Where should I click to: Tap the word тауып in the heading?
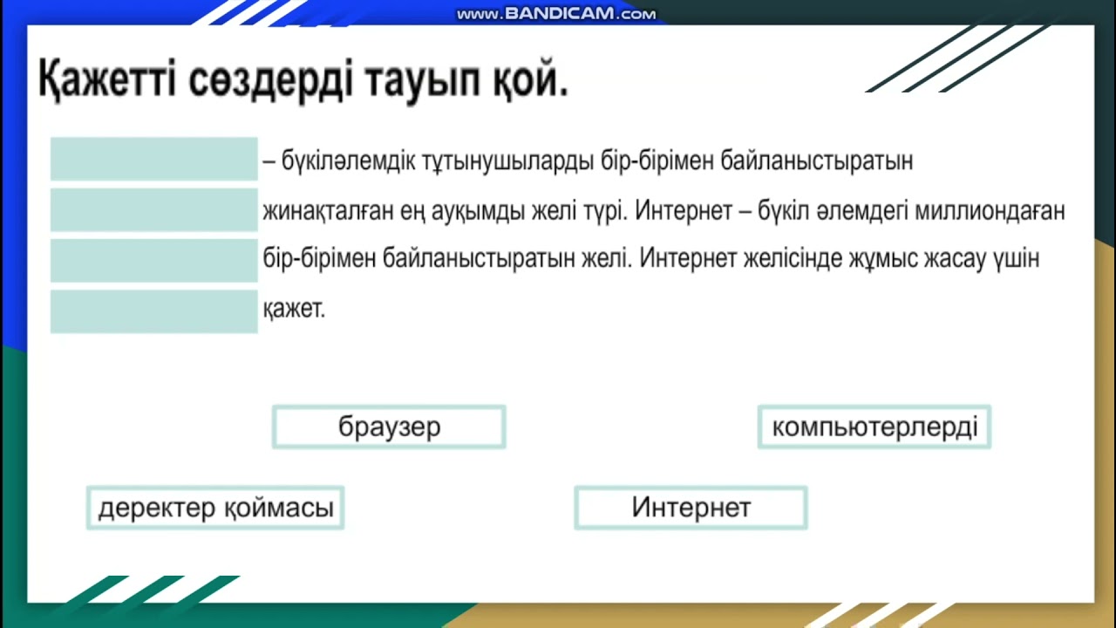(421, 80)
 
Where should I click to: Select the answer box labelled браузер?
(389, 427)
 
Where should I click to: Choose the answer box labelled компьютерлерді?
(874, 427)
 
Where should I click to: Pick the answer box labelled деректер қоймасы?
(215, 508)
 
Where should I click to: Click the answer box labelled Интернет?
(691, 508)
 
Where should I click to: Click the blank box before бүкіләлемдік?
(154, 159)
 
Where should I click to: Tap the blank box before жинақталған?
(154, 210)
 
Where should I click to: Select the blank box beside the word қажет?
(154, 311)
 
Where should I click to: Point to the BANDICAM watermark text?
(555, 14)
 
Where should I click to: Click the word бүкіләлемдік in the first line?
(349, 162)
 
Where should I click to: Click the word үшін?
(1016, 260)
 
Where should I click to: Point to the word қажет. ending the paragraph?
(294, 309)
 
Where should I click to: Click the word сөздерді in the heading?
(264, 80)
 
